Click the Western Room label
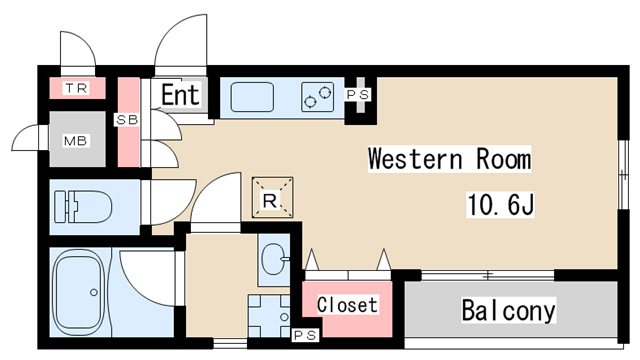[x=449, y=158]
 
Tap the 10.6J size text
[x=500, y=204]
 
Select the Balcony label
[x=509, y=310]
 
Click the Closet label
[x=347, y=305]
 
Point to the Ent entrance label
[x=180, y=95]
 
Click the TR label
[x=77, y=88]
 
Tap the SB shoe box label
[x=127, y=120]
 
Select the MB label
[x=76, y=141]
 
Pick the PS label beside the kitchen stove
[x=358, y=95]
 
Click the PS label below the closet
[x=306, y=335]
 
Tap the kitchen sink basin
[x=252, y=97]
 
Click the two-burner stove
[x=318, y=97]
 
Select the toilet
[x=83, y=206]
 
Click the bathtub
[x=80, y=292]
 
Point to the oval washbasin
[x=273, y=259]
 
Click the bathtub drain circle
[x=94, y=292]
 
